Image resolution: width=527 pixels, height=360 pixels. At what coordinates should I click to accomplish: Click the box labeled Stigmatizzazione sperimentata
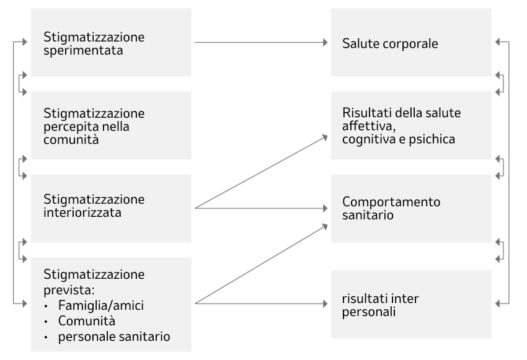pyautogui.click(x=111, y=42)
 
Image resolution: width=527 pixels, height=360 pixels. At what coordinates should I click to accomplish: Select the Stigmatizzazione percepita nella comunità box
pyautogui.click(x=111, y=125)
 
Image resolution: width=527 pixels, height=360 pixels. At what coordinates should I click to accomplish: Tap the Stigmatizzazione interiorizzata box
pyautogui.click(x=111, y=208)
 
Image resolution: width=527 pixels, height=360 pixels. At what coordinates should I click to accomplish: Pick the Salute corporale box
pyautogui.click(x=411, y=42)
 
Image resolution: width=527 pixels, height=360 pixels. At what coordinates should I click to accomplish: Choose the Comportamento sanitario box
pyautogui.click(x=411, y=208)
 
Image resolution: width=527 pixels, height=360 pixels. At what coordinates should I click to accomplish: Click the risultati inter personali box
pyautogui.click(x=411, y=304)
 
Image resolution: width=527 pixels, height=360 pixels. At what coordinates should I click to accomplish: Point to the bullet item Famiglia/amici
pyautogui.click(x=101, y=305)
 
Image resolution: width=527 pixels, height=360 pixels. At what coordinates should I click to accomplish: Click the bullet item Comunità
pyautogui.click(x=87, y=321)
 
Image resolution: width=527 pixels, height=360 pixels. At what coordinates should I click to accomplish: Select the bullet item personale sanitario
pyautogui.click(x=114, y=336)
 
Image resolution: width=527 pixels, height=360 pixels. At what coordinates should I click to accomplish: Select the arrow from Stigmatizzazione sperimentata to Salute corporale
pyautogui.click(x=261, y=42)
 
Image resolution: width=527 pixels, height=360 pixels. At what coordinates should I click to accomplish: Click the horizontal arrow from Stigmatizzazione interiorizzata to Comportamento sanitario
pyautogui.click(x=261, y=208)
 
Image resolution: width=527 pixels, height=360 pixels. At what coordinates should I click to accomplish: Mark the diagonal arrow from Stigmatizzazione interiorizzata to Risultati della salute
pyautogui.click(x=261, y=172)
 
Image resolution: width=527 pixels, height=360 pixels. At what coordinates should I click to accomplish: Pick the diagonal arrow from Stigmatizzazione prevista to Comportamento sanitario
pyautogui.click(x=261, y=264)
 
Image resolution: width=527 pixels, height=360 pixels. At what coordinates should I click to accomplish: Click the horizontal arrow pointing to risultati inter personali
pyautogui.click(x=261, y=304)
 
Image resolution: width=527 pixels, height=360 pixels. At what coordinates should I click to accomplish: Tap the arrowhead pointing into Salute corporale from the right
pyautogui.click(x=498, y=42)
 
